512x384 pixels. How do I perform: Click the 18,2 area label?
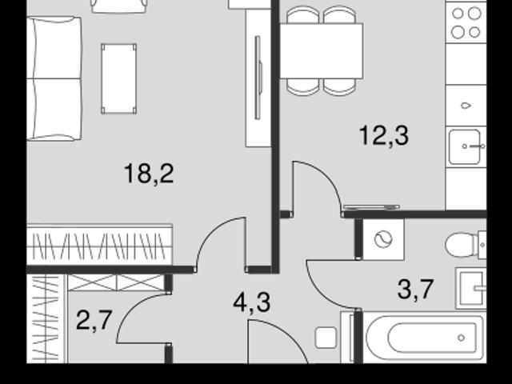pos(149,174)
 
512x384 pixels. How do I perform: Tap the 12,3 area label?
pos(384,136)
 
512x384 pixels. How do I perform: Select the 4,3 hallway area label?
pos(252,302)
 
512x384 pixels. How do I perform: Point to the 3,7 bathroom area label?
pos(415,290)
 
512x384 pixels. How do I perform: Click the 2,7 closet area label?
pos(94,320)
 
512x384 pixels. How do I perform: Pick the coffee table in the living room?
pos(119,78)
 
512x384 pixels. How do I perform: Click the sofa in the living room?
pos(54,78)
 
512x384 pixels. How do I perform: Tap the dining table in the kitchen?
pos(322,51)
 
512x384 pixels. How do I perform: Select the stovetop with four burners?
pos(466,23)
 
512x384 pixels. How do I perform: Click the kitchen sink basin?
pos(465,147)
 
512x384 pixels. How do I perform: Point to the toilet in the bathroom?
pos(466,245)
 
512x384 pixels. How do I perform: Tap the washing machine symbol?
pos(383,240)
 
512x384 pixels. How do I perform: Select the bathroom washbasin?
pos(471,288)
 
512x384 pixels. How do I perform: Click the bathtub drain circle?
pos(461,338)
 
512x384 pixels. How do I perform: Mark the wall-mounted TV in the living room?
pos(258,78)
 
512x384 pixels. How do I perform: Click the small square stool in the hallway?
pos(326,338)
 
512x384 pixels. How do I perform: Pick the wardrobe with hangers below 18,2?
pos(99,245)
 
